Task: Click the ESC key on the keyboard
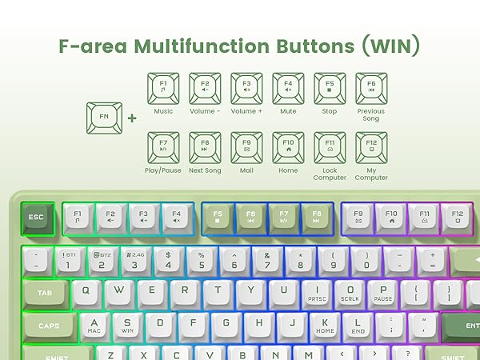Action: (37, 217)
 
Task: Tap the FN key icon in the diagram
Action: (103, 118)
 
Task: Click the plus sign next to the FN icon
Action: (131, 118)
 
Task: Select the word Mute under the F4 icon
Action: (288, 111)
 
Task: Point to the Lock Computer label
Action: (330, 174)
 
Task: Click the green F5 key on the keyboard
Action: (218, 216)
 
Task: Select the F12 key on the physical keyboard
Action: (457, 216)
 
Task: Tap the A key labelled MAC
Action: (94, 324)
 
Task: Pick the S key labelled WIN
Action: (127, 324)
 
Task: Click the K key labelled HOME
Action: (325, 324)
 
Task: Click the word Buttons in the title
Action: (307, 46)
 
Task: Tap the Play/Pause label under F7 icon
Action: (163, 170)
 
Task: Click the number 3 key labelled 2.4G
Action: (134, 260)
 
